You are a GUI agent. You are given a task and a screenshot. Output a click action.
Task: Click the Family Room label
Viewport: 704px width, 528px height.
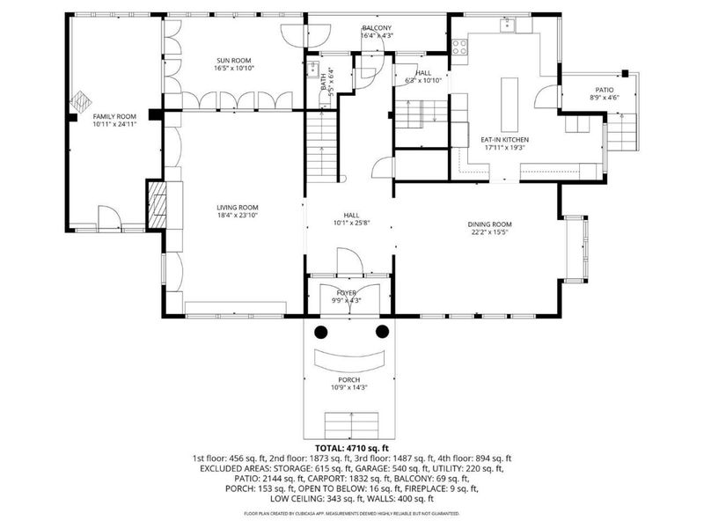point(115,116)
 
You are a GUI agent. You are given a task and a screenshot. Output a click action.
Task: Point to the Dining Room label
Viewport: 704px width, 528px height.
point(489,224)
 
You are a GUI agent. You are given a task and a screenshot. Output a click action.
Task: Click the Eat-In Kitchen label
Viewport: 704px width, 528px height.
point(503,140)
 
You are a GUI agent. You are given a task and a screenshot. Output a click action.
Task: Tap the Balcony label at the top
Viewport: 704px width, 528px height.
point(377,28)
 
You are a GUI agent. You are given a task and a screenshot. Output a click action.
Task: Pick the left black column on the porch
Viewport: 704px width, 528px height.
point(322,331)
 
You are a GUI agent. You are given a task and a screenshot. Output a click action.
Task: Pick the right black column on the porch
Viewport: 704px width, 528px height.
point(382,331)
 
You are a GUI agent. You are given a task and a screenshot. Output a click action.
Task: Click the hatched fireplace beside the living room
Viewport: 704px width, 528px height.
point(156,205)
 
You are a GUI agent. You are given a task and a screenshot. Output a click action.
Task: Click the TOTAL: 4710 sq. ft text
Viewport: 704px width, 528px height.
point(351,448)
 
